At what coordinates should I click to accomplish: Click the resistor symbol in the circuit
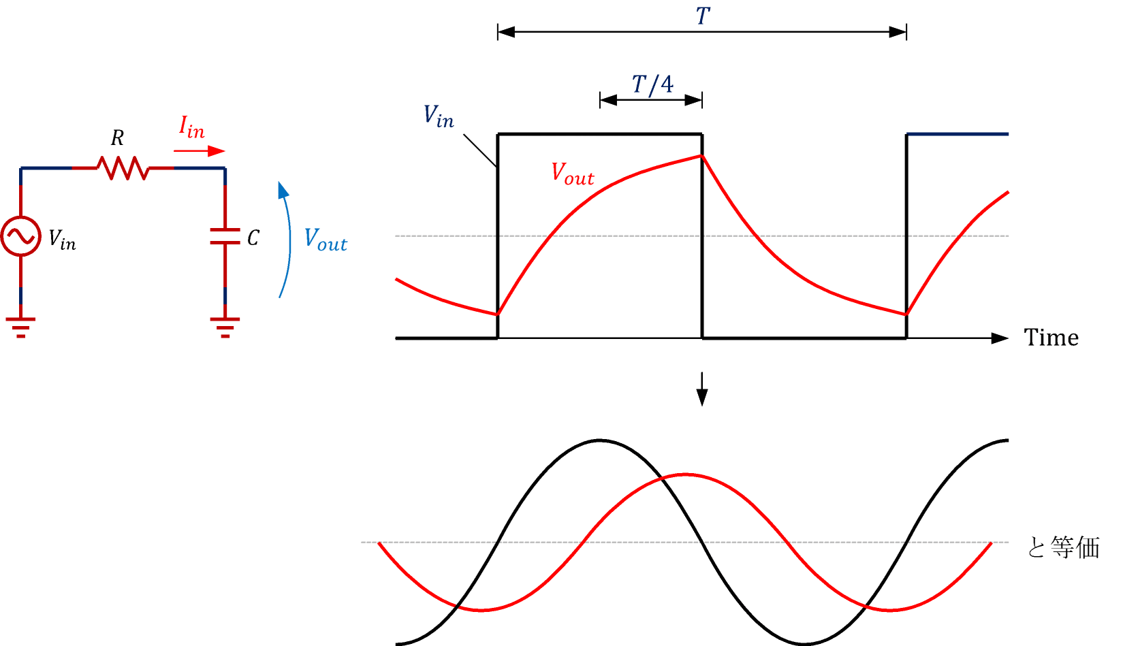point(123,168)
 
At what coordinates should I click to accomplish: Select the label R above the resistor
point(117,139)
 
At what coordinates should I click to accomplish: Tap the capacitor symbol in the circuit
point(225,236)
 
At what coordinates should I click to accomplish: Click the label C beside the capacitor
point(253,238)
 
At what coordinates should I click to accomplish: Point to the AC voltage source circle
point(20,236)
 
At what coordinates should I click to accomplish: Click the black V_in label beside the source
point(62,240)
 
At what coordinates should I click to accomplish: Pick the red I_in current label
point(192,127)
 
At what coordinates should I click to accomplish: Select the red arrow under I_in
point(199,151)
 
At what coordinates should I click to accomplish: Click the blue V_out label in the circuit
point(326,240)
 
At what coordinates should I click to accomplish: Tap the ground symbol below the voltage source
point(20,327)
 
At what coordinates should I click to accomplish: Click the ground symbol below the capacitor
point(225,327)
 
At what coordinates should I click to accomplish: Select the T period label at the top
point(703,16)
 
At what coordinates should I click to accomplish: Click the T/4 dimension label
point(652,85)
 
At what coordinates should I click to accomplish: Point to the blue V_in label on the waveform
point(439,116)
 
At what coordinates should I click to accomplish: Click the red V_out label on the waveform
point(572,174)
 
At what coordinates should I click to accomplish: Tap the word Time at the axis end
point(1051,338)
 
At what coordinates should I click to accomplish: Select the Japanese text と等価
point(1063,547)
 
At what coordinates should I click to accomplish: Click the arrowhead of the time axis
point(1000,338)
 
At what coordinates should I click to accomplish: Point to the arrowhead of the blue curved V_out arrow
point(283,189)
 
